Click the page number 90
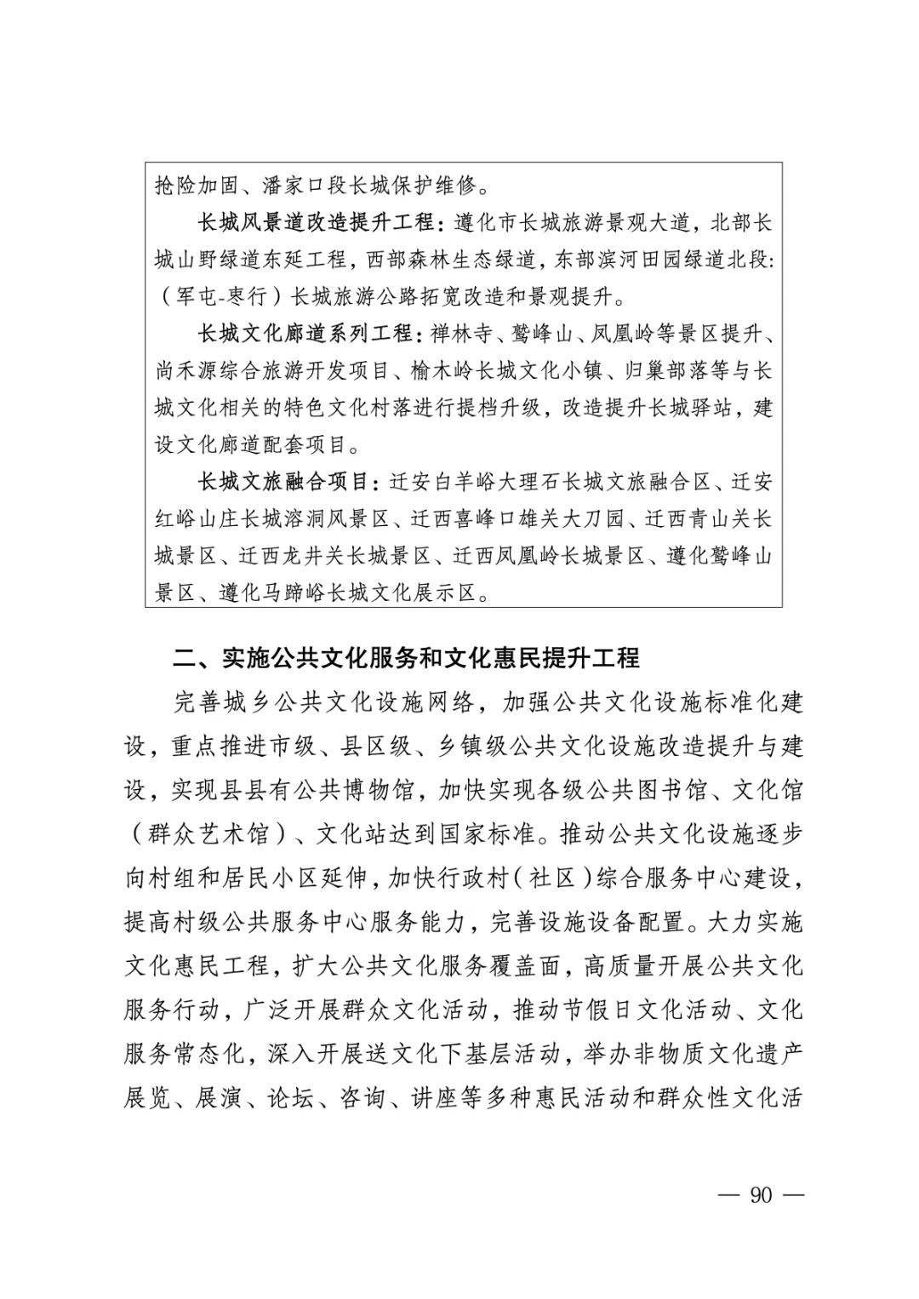coord(760,1194)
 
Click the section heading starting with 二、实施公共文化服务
coord(406,657)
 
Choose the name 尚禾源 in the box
coord(186,370)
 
